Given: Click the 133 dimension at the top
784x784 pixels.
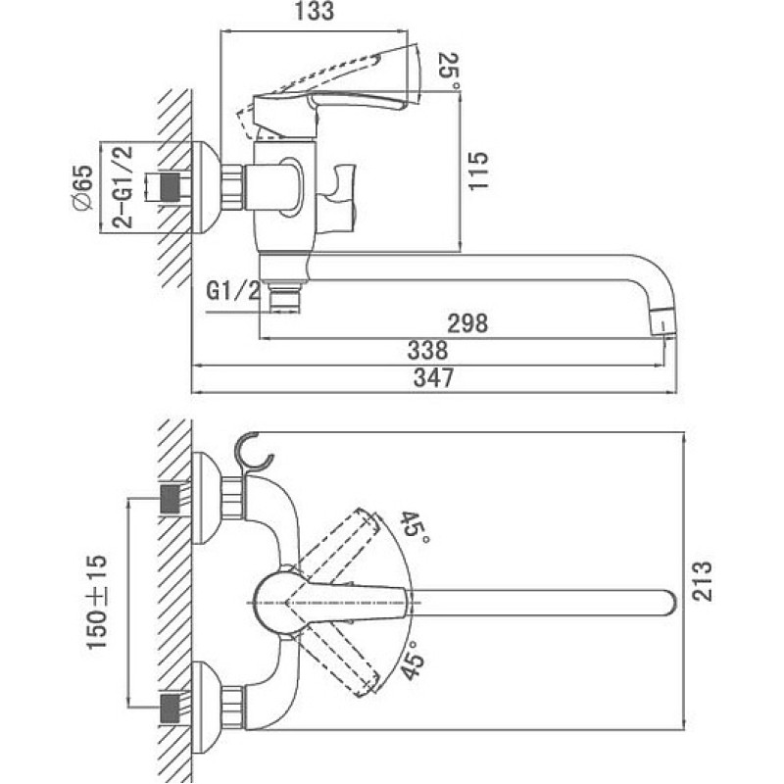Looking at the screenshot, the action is tap(314, 12).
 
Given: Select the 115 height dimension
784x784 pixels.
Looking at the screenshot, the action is tap(478, 171).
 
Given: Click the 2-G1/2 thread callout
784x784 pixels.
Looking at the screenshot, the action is tap(122, 187).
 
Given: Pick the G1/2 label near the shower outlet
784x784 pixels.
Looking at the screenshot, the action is tap(234, 291).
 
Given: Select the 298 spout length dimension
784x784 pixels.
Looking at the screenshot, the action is tap(467, 323).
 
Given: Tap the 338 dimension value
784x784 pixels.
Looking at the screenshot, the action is tap(427, 351).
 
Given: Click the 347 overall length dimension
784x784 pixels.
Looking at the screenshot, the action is tap(433, 377).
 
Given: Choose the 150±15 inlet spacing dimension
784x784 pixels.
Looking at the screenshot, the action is tap(97, 602).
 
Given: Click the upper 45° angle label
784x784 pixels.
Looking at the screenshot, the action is tap(415, 529).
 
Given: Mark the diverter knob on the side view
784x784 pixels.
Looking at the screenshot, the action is tap(339, 199).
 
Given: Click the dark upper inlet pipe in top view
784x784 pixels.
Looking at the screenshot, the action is tap(170, 499).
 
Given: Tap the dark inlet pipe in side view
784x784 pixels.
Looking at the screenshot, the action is tap(170, 187).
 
